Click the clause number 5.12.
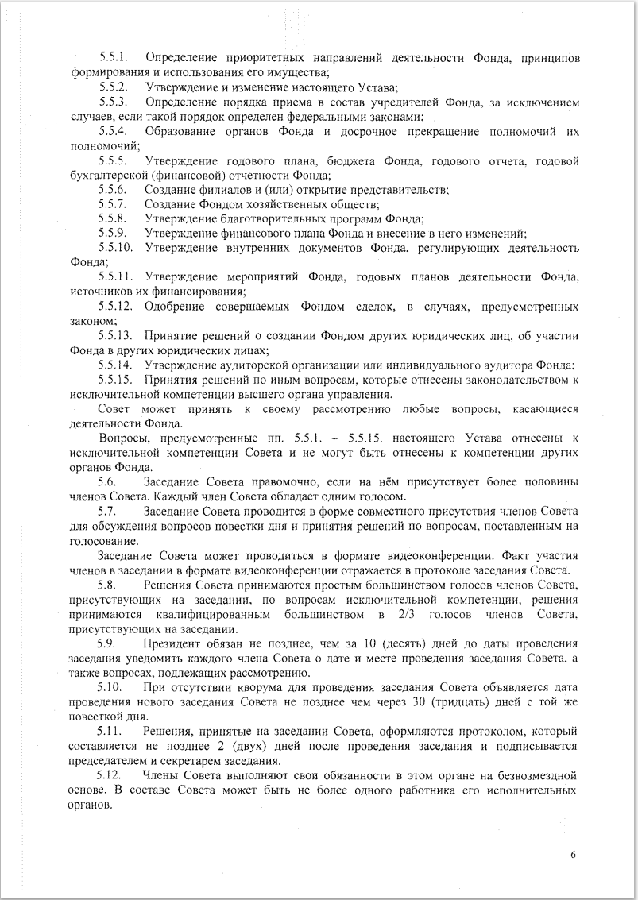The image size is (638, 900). pos(109,774)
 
